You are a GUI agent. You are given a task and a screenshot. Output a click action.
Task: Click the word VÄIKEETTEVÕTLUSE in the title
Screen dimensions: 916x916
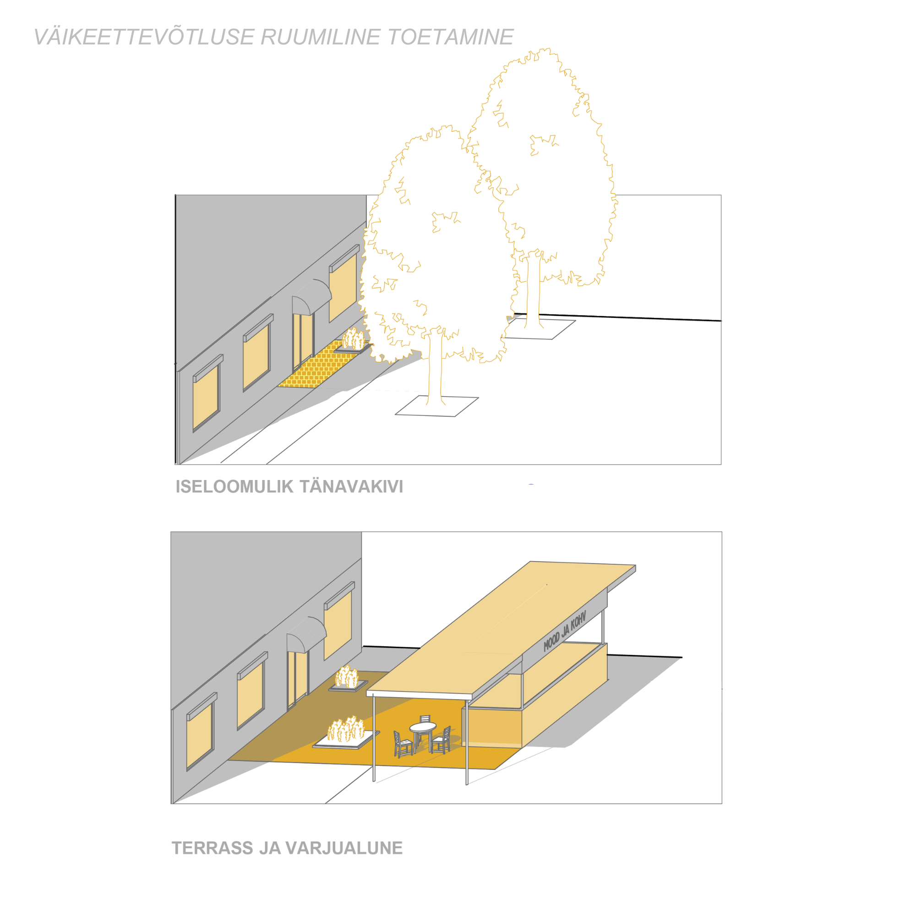[144, 37]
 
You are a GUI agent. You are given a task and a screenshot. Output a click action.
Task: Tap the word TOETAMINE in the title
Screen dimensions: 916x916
[450, 37]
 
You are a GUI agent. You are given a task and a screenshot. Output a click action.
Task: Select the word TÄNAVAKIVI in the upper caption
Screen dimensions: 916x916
[351, 486]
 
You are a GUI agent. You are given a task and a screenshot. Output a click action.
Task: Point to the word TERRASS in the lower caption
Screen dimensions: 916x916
[212, 848]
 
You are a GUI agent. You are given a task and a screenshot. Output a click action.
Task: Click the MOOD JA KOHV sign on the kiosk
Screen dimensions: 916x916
[565, 631]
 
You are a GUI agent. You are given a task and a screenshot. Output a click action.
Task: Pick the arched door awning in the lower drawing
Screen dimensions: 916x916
[306, 635]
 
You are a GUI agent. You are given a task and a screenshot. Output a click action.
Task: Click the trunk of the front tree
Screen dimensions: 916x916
[435, 367]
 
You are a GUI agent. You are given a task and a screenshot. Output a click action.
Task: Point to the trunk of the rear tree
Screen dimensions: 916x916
[534, 292]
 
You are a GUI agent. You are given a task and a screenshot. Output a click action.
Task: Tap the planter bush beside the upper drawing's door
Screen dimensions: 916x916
[354, 339]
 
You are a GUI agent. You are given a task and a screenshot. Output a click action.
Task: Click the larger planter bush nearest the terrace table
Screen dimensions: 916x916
[346, 729]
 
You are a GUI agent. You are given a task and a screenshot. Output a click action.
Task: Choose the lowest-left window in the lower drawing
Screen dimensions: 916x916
[201, 732]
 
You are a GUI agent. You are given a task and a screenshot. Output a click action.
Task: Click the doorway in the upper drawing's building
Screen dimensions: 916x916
[302, 341]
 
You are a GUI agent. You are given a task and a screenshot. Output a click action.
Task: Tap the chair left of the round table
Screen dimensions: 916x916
[403, 744]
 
